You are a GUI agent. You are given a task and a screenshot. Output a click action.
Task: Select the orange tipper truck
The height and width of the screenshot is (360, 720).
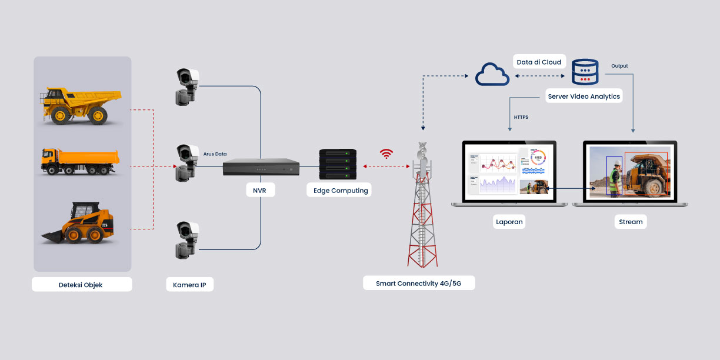80,161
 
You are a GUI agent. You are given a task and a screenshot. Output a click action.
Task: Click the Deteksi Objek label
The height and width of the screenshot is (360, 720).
81,285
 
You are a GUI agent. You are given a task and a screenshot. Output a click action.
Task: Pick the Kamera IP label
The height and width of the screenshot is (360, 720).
189,285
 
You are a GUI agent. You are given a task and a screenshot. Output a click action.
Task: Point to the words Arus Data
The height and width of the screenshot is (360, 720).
215,154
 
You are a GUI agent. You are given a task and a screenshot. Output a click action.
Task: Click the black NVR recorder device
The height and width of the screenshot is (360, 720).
261,167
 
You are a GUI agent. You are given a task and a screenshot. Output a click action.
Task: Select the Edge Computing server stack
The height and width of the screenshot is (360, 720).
338,164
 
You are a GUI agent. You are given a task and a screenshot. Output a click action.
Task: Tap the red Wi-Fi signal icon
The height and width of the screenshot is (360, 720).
386,154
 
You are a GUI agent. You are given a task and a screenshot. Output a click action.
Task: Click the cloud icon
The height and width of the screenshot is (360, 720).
492,75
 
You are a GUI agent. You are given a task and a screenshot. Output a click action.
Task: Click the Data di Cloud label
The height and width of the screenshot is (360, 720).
539,62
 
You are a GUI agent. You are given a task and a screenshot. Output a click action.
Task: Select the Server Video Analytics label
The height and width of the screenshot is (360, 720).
584,96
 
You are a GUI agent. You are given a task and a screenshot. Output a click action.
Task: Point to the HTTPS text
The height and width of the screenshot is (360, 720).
521,117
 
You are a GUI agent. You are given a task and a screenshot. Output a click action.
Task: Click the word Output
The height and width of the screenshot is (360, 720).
619,66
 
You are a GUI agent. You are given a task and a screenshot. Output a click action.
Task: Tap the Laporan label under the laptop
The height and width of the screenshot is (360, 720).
509,222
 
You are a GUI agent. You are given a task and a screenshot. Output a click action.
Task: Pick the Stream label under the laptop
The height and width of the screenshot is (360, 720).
631,222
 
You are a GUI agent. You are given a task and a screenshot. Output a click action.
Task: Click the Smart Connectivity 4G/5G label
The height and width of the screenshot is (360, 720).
418,284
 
